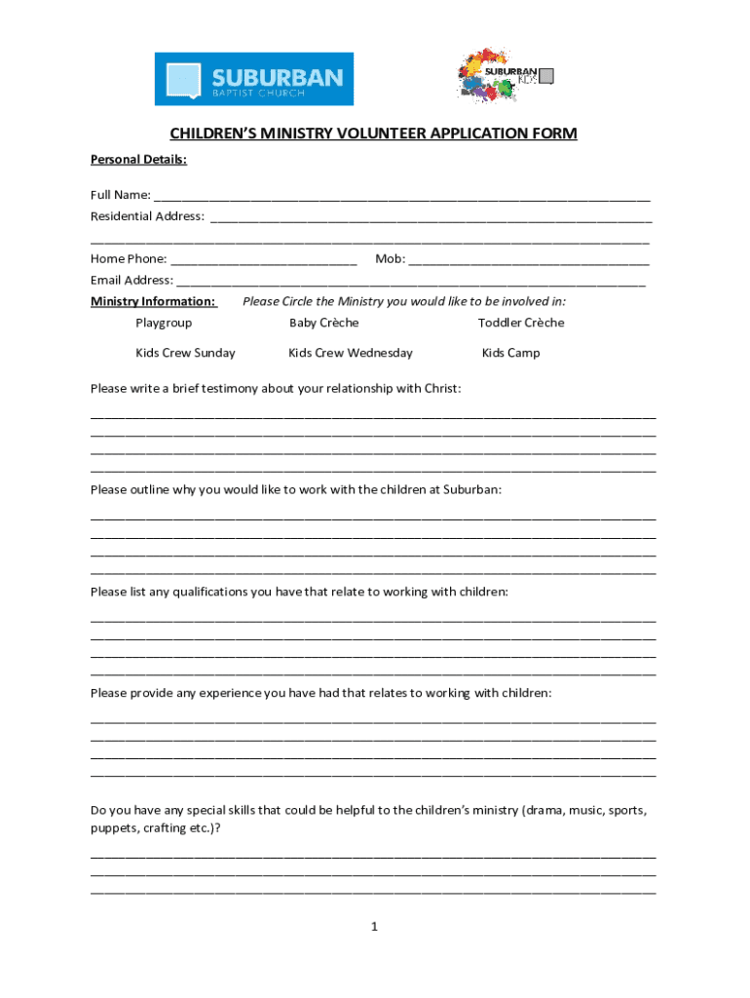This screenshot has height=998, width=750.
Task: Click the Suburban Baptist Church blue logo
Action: coord(254,79)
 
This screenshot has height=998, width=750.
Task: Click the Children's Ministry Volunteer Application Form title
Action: coord(374,134)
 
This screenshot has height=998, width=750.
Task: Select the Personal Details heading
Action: coord(138,159)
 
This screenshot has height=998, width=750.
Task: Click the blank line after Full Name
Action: coord(401,196)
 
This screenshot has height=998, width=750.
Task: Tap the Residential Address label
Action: coord(147,216)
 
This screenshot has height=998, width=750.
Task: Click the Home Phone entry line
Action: coord(263,259)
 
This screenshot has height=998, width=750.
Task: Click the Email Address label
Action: coord(131,281)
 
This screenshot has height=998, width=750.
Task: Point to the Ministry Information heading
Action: coord(153,301)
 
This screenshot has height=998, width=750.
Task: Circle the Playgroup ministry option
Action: coord(164,323)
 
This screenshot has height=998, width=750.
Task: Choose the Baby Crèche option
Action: coord(323,323)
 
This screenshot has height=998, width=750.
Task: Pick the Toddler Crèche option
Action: coord(520,323)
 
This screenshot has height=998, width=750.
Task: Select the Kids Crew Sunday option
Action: coord(185,353)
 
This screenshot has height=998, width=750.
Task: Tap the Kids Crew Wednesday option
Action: coord(350,353)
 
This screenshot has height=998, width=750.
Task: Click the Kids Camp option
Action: coord(510,353)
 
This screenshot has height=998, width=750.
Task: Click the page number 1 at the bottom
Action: coord(374,927)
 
